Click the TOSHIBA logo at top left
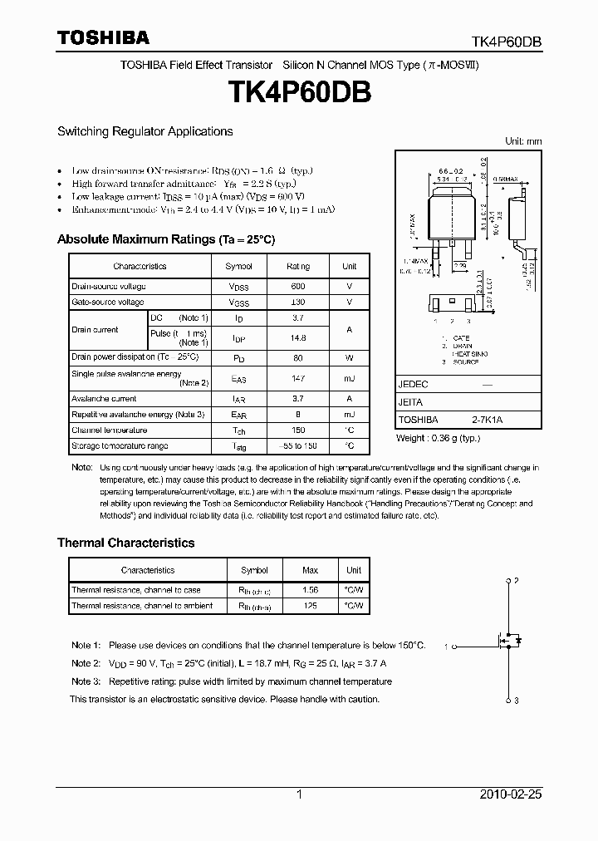pos(103,37)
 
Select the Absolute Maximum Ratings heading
pos(165,239)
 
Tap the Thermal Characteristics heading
pos(125,543)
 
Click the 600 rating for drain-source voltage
pos(297,286)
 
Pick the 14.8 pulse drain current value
pos(297,338)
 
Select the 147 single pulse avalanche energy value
pos(297,379)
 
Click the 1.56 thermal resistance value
pos(310,590)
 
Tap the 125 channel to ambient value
pos(310,606)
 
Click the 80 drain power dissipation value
pos(297,357)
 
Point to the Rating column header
pos(297,267)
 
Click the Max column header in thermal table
pos(310,571)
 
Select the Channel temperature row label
pos(109,430)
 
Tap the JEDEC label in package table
pos(413,385)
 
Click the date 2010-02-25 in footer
pos(511,794)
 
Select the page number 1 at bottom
pos(299,794)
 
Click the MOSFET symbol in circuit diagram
pos(509,641)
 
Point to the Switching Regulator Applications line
pos(145,131)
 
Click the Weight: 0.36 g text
pos(439,438)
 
